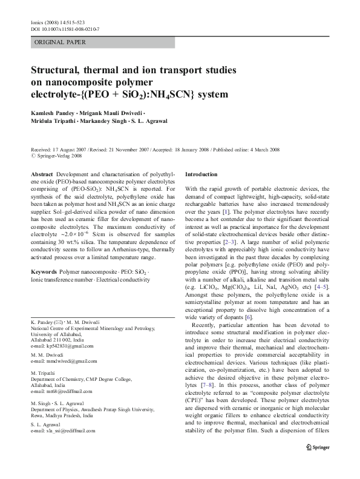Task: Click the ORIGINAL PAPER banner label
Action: pyautogui.click(x=51, y=42)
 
